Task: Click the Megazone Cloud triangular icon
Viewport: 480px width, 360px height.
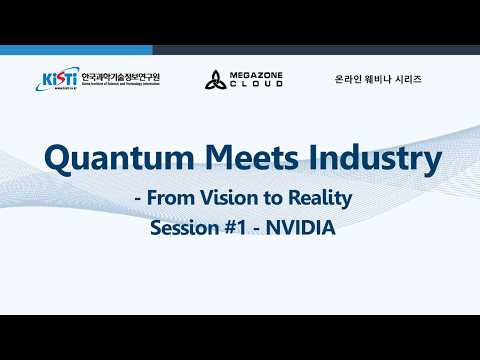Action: coord(216,80)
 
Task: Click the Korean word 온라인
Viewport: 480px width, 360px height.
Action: coord(349,79)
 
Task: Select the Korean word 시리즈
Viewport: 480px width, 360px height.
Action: coord(408,79)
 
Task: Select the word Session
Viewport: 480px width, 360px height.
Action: coord(183,229)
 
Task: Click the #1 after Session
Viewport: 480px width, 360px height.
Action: coord(235,229)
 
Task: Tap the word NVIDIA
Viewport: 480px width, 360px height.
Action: coord(301,229)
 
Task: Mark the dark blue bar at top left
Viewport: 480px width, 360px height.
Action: coord(76,50)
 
